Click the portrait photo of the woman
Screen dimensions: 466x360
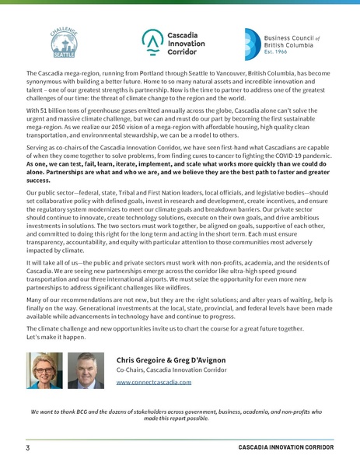tap(45, 370)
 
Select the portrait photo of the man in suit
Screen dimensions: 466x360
tap(86, 370)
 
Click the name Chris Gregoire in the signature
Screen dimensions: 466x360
tap(144, 360)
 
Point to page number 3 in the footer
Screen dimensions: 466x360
tap(27, 450)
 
